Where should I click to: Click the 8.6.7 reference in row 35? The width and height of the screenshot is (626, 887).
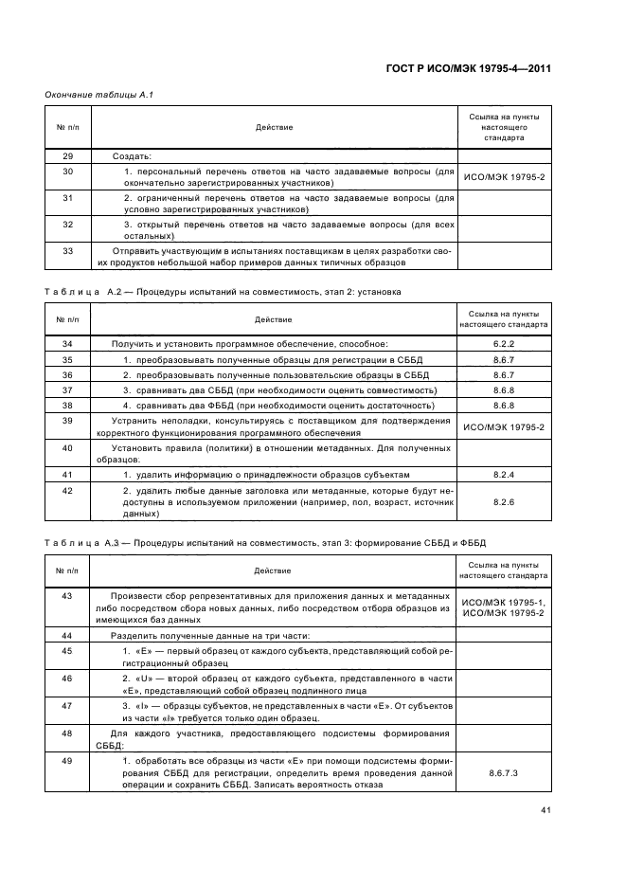point(503,360)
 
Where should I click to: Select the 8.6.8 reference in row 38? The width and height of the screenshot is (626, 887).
point(503,406)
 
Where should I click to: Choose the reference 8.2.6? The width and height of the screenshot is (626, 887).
point(503,502)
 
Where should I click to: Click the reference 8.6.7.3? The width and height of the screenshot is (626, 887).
point(503,773)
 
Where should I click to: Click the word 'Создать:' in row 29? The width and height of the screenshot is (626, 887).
point(132,156)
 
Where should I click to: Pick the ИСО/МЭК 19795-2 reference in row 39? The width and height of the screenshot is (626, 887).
point(503,427)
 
